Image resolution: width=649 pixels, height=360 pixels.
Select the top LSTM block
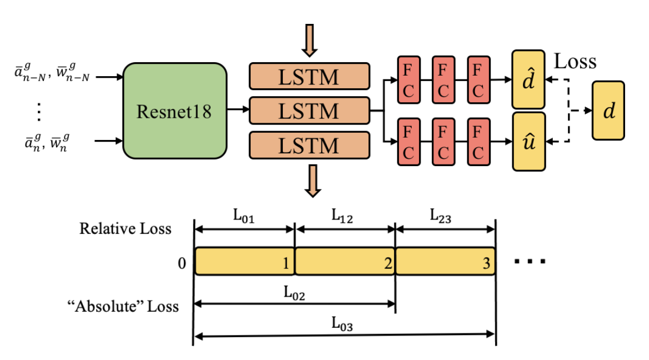pyautogui.click(x=309, y=77)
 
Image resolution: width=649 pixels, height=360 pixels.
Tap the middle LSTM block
pyautogui.click(x=309, y=111)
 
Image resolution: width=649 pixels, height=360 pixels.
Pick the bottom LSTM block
pyautogui.click(x=309, y=145)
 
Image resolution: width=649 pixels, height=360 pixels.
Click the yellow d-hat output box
pyautogui.click(x=528, y=79)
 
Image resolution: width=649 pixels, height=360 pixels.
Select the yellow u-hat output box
pyautogui.click(x=528, y=141)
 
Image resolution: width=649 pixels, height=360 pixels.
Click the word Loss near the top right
pyautogui.click(x=576, y=61)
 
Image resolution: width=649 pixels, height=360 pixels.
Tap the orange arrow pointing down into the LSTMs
pyautogui.click(x=309, y=41)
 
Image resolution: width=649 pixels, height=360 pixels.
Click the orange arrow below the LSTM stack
pyautogui.click(x=313, y=181)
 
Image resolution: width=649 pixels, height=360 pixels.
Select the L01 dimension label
pyautogui.click(x=244, y=216)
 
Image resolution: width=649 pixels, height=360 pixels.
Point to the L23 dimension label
pyautogui.click(x=445, y=217)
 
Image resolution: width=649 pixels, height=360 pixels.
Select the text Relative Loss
pyautogui.click(x=125, y=228)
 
